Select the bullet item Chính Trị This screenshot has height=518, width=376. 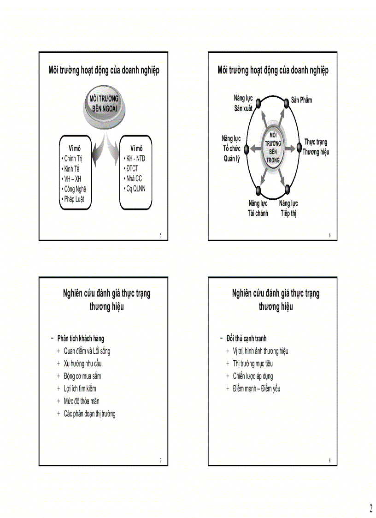(73, 159)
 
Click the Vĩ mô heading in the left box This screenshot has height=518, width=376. (74, 149)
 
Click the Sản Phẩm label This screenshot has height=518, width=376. (301, 100)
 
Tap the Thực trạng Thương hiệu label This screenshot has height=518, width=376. (316, 147)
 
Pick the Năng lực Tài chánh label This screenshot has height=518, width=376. (258, 208)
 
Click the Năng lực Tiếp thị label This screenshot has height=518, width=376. (288, 208)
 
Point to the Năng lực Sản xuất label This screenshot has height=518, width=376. (243, 103)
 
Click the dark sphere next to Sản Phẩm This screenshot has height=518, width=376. (286, 102)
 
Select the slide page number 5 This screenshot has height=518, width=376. (160, 236)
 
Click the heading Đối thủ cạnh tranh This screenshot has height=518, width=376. (247, 339)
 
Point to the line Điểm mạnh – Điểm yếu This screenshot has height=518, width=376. (256, 388)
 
